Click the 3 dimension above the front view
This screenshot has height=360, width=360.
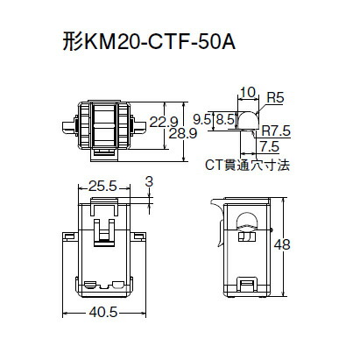[149, 181]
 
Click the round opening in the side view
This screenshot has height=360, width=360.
[246, 220]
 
